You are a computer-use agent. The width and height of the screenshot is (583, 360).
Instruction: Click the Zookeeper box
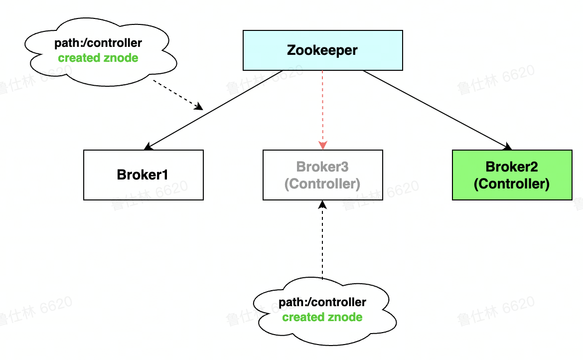(322, 50)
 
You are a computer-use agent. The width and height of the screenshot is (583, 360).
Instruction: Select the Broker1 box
(144, 175)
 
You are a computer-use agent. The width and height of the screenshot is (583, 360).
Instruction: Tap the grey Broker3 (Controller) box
(322, 175)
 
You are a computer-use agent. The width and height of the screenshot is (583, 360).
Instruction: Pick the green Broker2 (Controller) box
(512, 175)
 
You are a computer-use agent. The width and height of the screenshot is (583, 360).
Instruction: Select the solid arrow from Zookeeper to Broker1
(214, 110)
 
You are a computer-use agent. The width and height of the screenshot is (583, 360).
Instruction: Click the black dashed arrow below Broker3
(322, 239)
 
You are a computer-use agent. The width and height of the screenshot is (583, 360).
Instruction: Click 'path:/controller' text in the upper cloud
(98, 43)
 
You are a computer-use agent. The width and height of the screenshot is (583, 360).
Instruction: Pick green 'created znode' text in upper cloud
(98, 58)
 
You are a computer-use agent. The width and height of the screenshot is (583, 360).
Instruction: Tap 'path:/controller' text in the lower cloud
(322, 302)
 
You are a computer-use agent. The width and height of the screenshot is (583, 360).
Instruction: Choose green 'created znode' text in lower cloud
(322, 317)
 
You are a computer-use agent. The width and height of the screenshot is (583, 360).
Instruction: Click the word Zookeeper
(322, 50)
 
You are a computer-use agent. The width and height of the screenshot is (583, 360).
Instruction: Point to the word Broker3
(322, 167)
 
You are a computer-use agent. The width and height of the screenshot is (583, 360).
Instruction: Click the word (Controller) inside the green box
(512, 184)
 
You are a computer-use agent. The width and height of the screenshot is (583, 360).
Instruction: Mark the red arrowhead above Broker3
(322, 145)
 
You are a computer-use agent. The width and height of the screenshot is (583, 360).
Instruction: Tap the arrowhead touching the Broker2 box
(508, 147)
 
